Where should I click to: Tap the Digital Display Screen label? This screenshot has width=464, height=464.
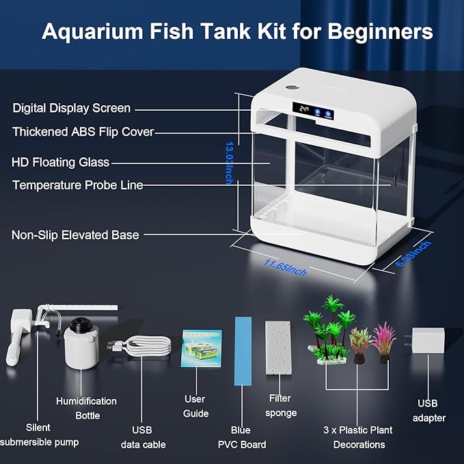[x=71, y=108]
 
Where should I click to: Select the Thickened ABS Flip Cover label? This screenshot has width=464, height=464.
[x=83, y=131]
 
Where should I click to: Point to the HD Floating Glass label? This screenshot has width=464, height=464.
[x=60, y=162]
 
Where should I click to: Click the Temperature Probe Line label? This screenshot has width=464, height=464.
[x=77, y=185]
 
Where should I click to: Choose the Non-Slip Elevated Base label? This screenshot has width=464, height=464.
[x=75, y=235]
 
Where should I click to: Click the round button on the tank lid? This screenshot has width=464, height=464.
[x=290, y=88]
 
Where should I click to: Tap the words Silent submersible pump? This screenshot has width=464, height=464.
[x=39, y=435]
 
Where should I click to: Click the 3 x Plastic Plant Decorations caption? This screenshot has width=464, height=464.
[x=358, y=437]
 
